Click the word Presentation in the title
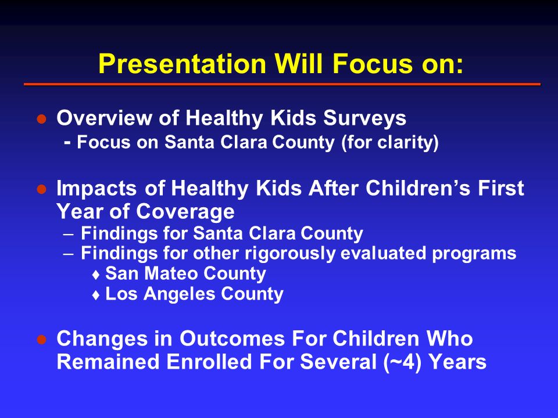[182, 64]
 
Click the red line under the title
[282, 84]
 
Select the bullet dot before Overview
[42, 118]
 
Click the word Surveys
[364, 118]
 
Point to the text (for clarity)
[389, 143]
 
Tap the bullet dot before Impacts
[42, 189]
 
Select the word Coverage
[185, 211]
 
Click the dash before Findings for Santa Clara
[69, 235]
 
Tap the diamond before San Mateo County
[95, 275]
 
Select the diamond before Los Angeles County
[95, 295]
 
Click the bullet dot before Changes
[42, 340]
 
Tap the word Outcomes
[232, 338]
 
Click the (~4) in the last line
[403, 362]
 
